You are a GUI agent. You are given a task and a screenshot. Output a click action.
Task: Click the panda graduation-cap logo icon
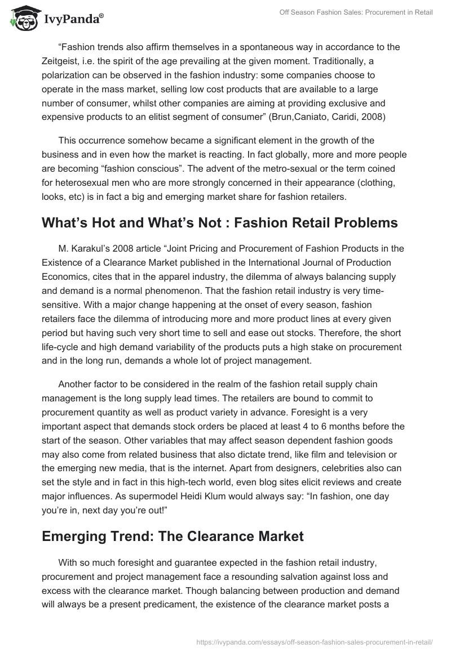[x=22, y=19]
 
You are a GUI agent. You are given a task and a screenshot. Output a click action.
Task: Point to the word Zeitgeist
[x=63, y=62]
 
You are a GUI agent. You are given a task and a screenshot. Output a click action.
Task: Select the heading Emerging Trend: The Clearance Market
[x=173, y=535]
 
